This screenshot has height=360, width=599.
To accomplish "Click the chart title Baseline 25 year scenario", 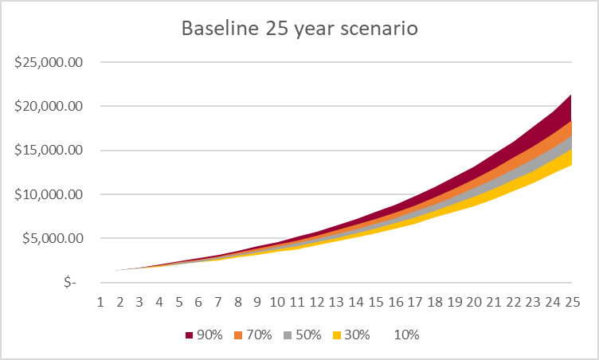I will pos(300,29).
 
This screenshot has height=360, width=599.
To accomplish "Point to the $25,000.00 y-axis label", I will pos(49,62).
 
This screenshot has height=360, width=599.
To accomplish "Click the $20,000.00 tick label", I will pos(49,106).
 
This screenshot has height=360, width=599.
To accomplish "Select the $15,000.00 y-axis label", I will pos(49,150).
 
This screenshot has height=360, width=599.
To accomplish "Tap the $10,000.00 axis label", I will pos(49,194).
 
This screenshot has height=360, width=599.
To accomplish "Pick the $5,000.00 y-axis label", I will pos(53,238).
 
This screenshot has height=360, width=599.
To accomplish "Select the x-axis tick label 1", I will pos(100,303).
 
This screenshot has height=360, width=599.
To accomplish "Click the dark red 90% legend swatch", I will pos(189,335).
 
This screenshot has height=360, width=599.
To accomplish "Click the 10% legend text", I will pos(406,335).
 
